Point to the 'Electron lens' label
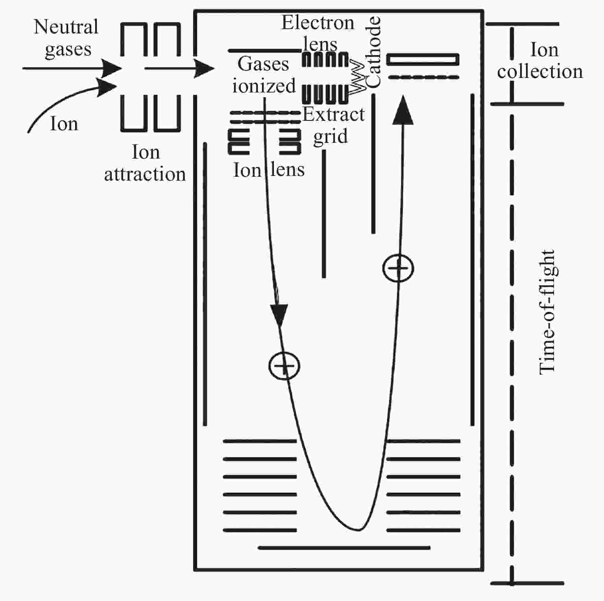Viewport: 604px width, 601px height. click(x=318, y=33)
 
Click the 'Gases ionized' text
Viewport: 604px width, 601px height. click(x=264, y=75)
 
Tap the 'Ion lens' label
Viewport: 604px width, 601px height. click(x=269, y=170)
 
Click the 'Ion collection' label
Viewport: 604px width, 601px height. click(x=540, y=61)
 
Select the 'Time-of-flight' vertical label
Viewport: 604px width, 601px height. click(x=547, y=312)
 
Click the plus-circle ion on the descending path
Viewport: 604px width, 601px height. click(x=284, y=366)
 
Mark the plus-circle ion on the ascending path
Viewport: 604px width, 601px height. click(x=398, y=268)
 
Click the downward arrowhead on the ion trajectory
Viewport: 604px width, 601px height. click(x=279, y=316)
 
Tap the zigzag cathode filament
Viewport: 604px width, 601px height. click(x=357, y=76)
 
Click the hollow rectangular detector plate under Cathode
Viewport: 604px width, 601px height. click(x=423, y=59)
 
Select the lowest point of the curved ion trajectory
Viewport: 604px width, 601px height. click(x=358, y=530)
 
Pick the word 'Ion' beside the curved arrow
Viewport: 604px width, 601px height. click(x=64, y=124)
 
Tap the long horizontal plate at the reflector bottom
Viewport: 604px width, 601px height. click(x=344, y=547)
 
